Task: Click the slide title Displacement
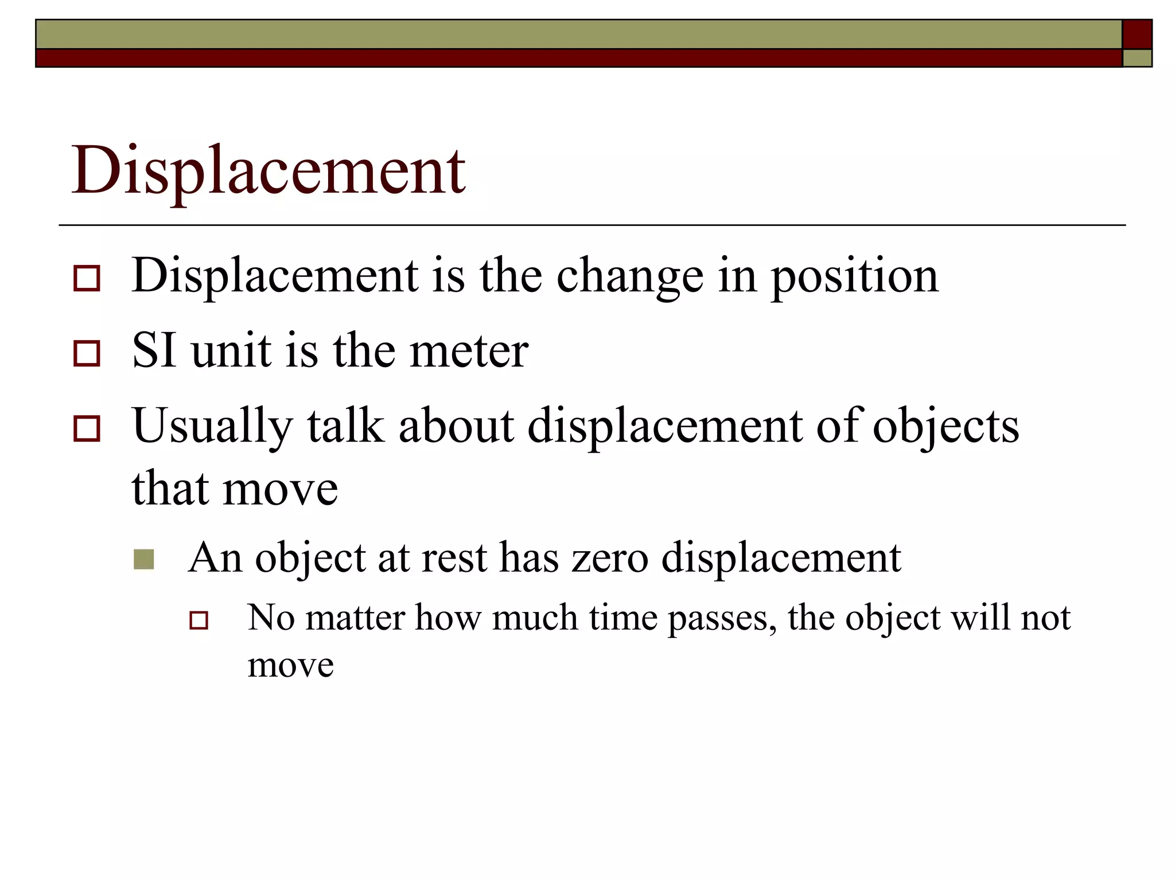tap(268, 171)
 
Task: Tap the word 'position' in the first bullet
tap(854, 277)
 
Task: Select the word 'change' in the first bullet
tap(629, 277)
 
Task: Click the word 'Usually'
tap(212, 427)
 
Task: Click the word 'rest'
tap(454, 558)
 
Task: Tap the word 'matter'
tap(355, 618)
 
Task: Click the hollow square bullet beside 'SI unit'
tap(87, 353)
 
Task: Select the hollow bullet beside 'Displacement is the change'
tap(87, 278)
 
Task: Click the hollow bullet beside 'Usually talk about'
tap(87, 428)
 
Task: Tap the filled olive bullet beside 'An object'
tap(143, 559)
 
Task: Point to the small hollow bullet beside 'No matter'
tap(199, 620)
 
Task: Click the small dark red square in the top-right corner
tap(1137, 34)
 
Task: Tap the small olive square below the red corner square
tap(1137, 58)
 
